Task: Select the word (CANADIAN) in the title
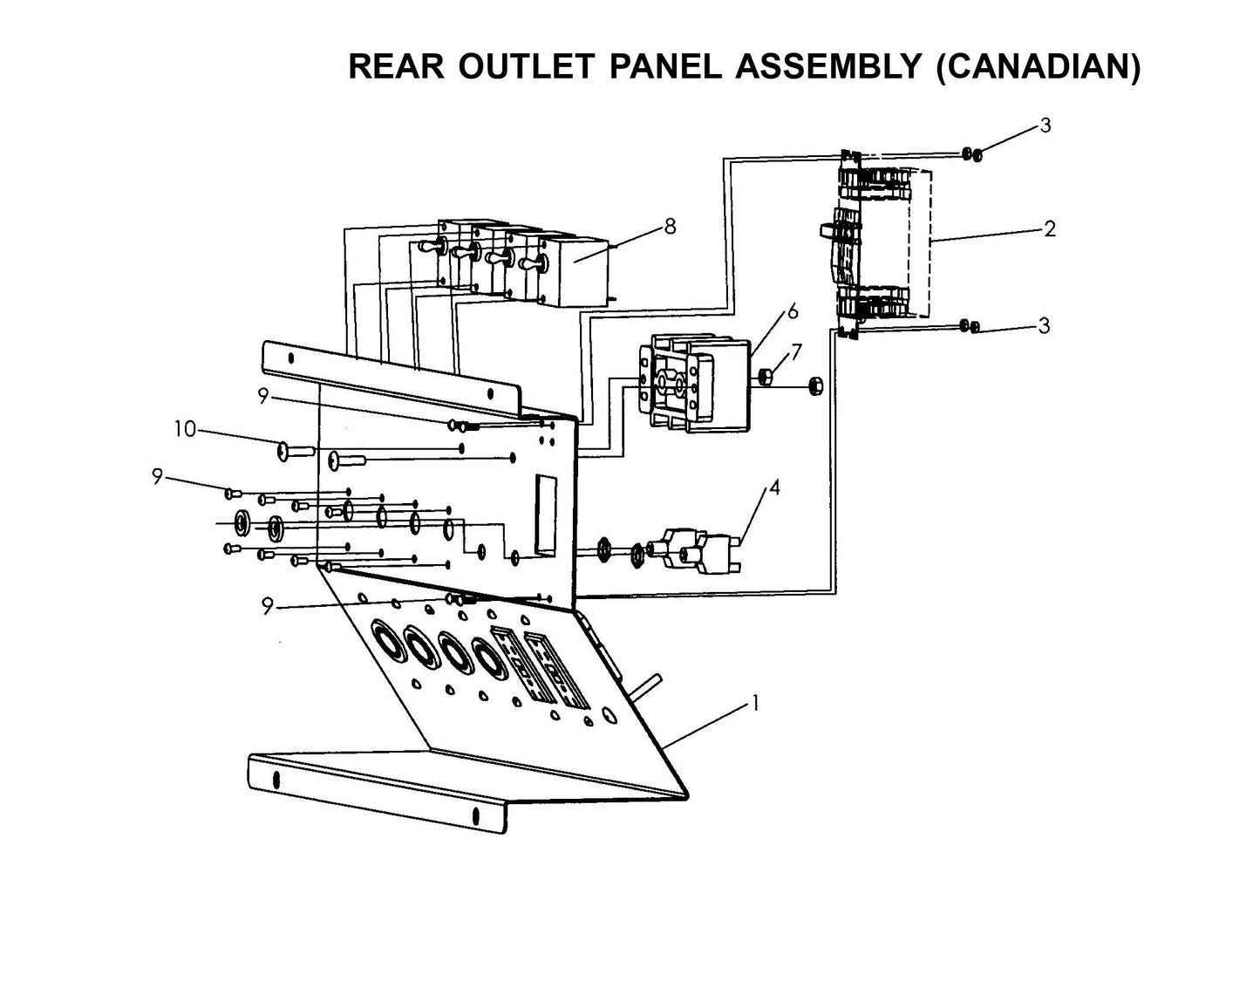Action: (1038, 67)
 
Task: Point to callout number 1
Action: (755, 704)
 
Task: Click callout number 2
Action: (1049, 228)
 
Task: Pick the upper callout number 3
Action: (1045, 126)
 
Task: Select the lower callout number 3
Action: (1044, 326)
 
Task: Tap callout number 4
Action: (774, 487)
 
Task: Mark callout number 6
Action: (792, 311)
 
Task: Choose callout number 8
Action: (669, 226)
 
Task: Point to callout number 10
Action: (185, 429)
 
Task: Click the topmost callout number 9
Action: (262, 395)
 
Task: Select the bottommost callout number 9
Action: (268, 606)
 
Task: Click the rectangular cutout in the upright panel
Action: (546, 515)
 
